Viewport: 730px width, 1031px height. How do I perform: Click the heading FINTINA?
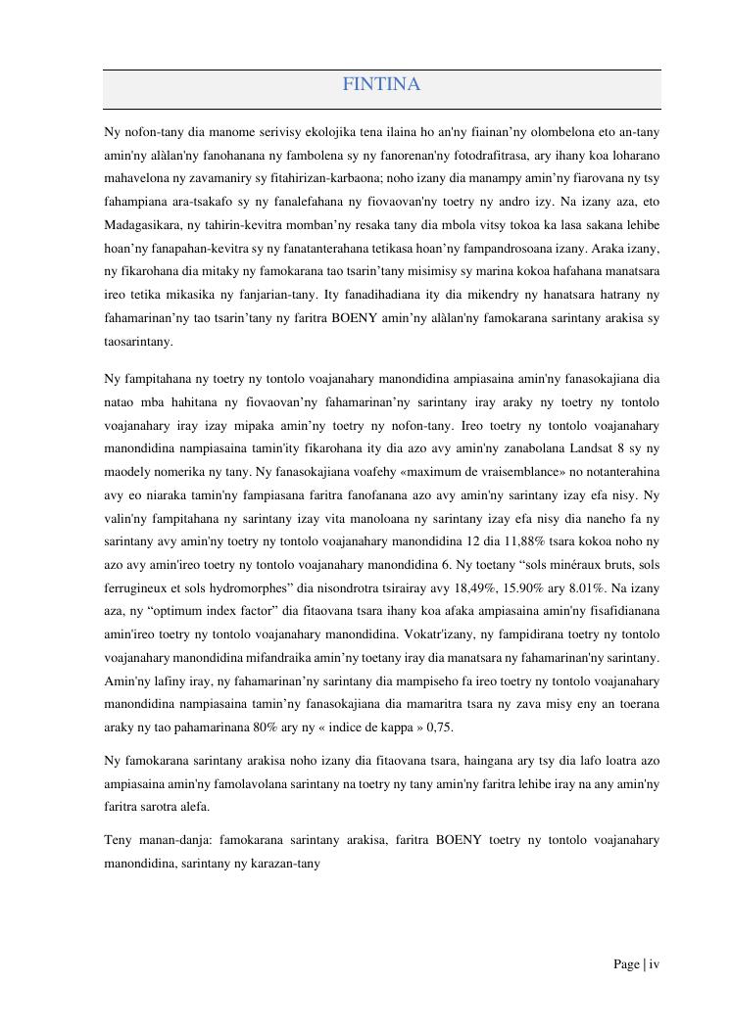point(381,85)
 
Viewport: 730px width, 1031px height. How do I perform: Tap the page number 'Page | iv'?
point(636,964)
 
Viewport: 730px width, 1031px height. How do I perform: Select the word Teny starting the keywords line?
point(119,840)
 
